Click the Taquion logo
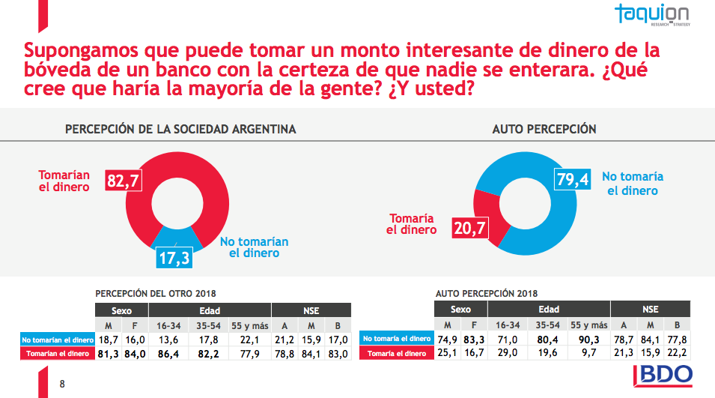coord(653,15)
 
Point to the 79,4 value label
coord(573,181)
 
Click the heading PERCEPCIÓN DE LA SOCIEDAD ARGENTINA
coord(180,129)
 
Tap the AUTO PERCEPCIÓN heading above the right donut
coord(544,129)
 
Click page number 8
coord(62,385)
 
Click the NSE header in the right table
coord(650,310)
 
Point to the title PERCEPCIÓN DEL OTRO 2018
coord(156,294)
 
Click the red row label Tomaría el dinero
coord(398,354)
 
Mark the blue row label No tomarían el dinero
coord(58,339)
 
